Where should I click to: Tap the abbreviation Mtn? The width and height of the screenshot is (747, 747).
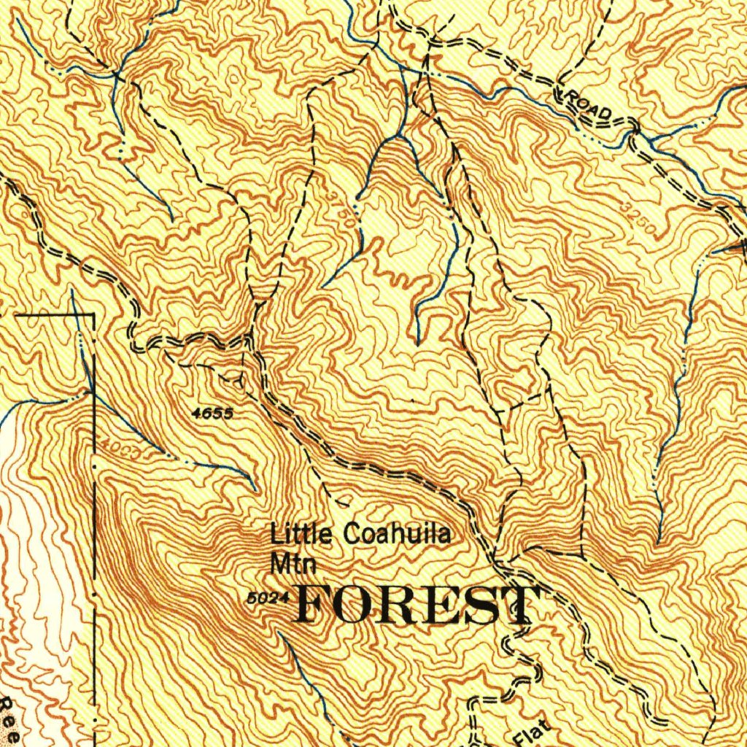286,564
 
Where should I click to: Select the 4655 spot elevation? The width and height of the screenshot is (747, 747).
212,414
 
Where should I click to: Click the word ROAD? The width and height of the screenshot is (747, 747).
589,107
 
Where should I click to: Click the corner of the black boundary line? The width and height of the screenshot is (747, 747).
94,315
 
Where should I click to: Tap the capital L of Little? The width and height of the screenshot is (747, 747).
276,535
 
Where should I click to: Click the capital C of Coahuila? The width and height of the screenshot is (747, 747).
350,535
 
